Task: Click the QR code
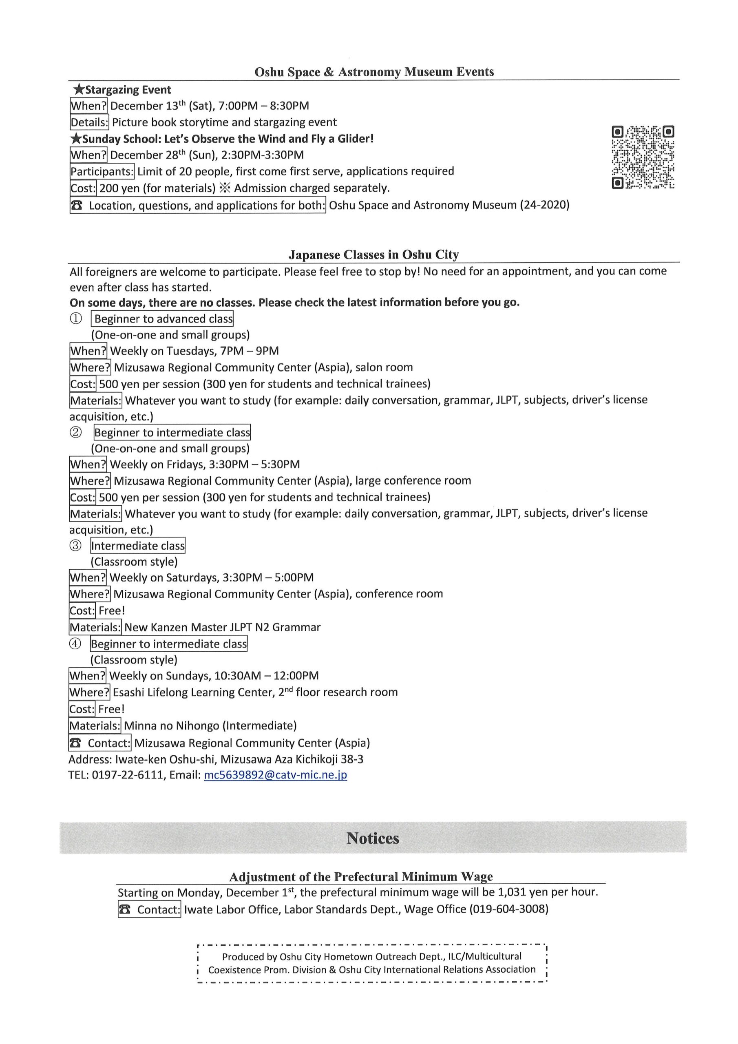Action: (643, 157)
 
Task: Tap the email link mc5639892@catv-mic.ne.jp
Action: (276, 775)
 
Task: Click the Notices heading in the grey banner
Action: (372, 838)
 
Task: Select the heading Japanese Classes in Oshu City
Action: (373, 254)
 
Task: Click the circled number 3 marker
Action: (75, 546)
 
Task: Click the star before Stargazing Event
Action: (79, 90)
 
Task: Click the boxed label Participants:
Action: (102, 171)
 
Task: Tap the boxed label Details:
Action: (90, 122)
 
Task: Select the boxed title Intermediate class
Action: (138, 546)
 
